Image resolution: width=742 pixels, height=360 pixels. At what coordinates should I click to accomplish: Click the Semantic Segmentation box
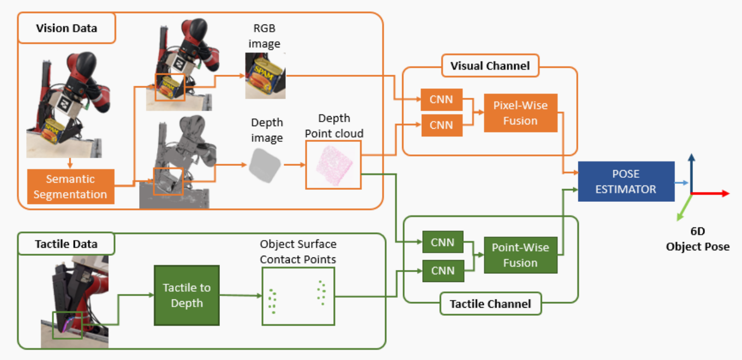pos(70,187)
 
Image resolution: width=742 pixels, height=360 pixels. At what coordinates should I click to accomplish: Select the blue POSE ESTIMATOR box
pos(626,182)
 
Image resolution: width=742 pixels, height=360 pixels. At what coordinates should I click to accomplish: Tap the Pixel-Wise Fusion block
pos(520,113)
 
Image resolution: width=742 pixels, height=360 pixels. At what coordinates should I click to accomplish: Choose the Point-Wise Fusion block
pos(520,255)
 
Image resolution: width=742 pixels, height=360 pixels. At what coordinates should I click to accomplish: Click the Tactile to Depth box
pos(187,295)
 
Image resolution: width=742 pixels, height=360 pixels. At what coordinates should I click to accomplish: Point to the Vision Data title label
pos(67,28)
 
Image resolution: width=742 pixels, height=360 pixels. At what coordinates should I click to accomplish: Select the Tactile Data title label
pos(66,244)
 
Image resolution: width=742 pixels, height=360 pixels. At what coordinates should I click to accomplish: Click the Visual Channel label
pos(489,66)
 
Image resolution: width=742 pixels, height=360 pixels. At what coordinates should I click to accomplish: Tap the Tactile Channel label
pos(490,304)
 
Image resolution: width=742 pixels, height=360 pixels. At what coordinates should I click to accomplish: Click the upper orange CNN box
pos(441,100)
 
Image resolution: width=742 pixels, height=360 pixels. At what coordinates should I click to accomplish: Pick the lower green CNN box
pos(442,270)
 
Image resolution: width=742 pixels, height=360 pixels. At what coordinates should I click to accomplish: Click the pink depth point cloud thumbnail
pos(333,164)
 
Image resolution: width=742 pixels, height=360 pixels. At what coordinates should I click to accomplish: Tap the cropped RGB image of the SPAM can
pos(265,76)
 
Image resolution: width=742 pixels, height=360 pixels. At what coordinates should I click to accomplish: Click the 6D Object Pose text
pos(697,239)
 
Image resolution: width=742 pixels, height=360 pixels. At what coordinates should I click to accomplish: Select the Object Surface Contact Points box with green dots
pos(297,296)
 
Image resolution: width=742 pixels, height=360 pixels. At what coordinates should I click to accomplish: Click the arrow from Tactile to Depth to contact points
pos(240,296)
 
